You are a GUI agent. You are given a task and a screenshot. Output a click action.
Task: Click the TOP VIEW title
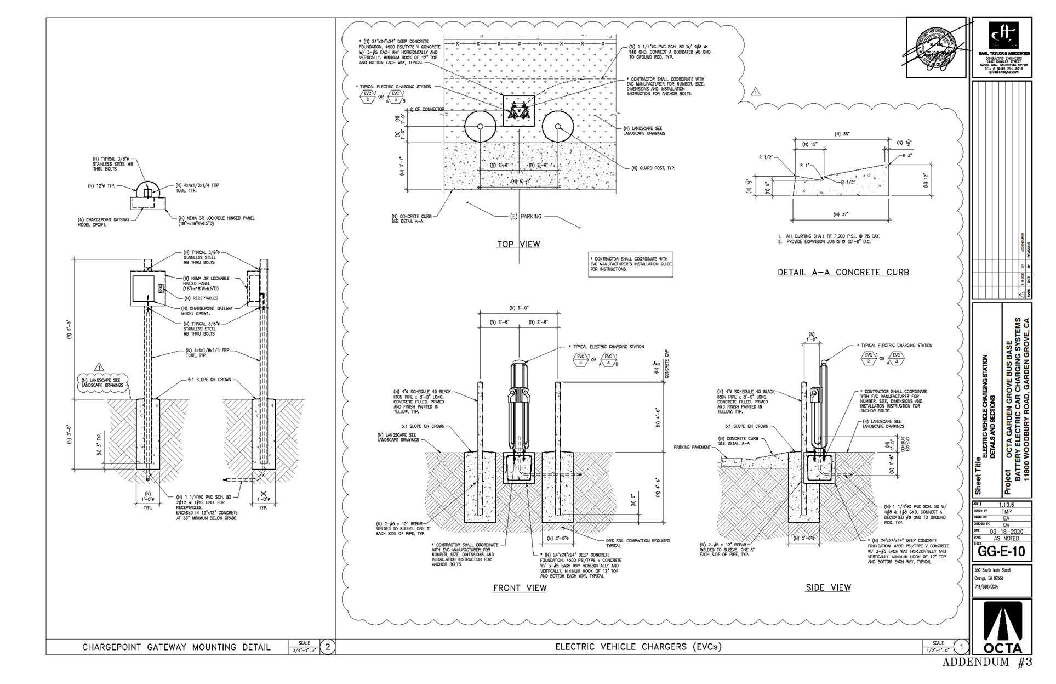(518, 244)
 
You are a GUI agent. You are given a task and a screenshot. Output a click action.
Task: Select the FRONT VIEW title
(520, 588)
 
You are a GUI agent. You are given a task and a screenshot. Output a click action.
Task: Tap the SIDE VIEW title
(827, 587)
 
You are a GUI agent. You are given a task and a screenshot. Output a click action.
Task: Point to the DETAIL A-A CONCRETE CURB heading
(843, 272)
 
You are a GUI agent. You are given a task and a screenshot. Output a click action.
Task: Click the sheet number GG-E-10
(1001, 551)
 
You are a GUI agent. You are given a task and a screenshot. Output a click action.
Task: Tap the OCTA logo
(1002, 626)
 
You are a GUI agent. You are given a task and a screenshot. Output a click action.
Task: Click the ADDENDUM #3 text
(987, 662)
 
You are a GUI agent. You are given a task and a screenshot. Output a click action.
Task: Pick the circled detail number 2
(327, 647)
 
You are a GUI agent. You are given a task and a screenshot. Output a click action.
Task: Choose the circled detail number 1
(961, 647)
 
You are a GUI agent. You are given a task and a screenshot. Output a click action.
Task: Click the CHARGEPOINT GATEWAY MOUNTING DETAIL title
(176, 647)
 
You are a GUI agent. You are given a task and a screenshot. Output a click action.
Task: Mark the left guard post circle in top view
(481, 127)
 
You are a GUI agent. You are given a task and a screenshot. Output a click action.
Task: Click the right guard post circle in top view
(558, 127)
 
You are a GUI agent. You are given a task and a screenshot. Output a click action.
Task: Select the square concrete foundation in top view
(519, 112)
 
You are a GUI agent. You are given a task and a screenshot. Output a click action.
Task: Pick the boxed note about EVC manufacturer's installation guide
(630, 264)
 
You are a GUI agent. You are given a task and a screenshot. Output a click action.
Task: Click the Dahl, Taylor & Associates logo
(1002, 47)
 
